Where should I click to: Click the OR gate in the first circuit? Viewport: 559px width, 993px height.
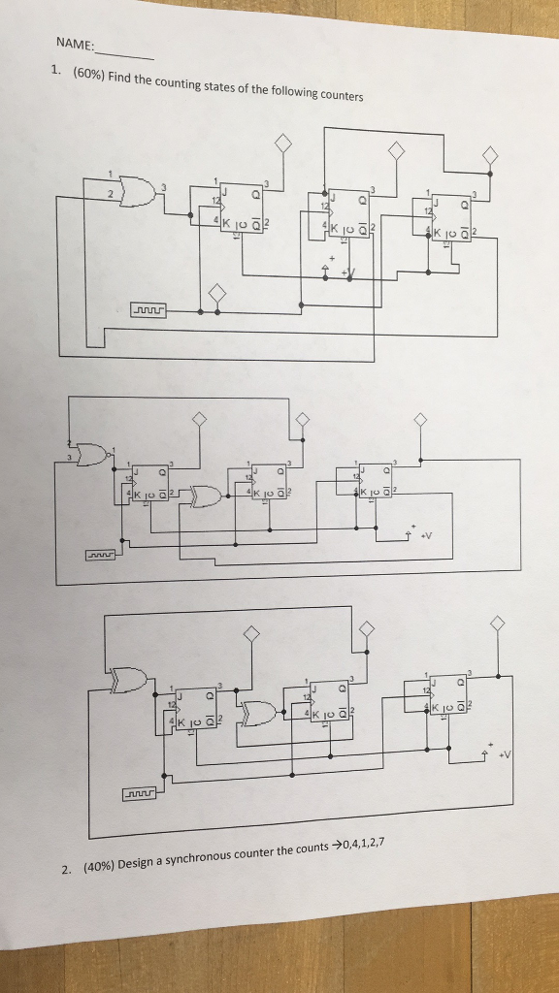(139, 193)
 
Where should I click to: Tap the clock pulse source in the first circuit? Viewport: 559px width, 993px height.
(148, 310)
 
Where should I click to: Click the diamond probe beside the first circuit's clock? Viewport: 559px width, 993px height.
(216, 293)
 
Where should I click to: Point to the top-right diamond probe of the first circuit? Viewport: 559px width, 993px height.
(490, 155)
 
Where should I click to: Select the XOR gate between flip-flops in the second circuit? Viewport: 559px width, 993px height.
(206, 497)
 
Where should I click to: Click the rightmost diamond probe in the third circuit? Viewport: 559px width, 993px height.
(498, 624)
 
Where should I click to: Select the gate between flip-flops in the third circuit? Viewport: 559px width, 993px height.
(258, 713)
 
